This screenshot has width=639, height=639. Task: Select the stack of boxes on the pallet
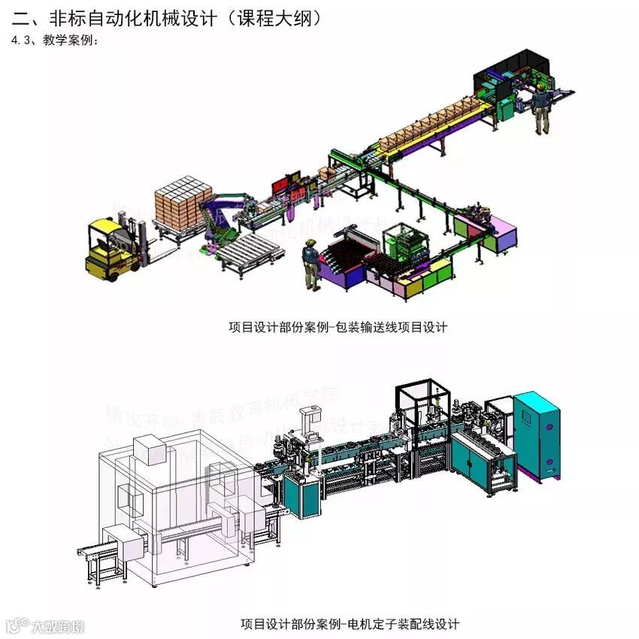183,199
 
